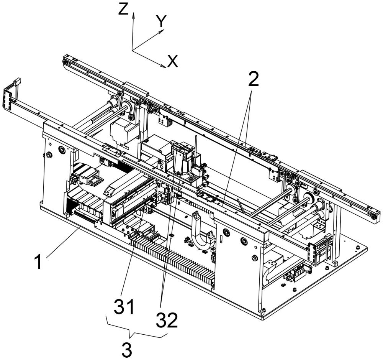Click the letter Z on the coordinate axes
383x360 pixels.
pyautogui.click(x=123, y=10)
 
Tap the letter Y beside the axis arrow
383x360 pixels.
pyautogui.click(x=161, y=23)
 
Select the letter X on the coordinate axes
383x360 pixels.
pyautogui.click(x=173, y=61)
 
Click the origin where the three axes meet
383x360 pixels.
pyautogui.click(x=133, y=50)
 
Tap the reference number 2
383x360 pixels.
pyautogui.click(x=253, y=79)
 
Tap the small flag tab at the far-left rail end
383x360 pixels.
pyautogui.click(x=16, y=81)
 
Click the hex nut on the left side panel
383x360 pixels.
pyautogui.click(x=49, y=155)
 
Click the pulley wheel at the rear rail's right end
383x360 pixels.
pyautogui.click(x=371, y=218)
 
